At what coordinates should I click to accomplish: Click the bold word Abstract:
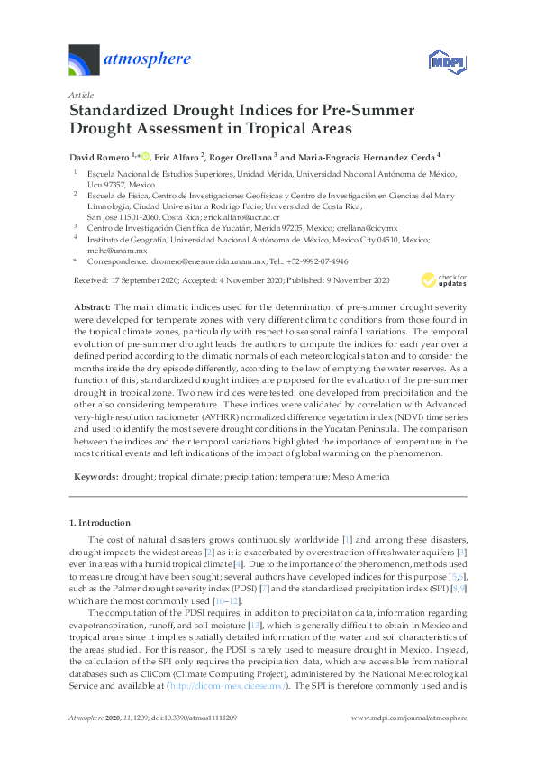(92, 307)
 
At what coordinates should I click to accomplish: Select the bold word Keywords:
(95, 473)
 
